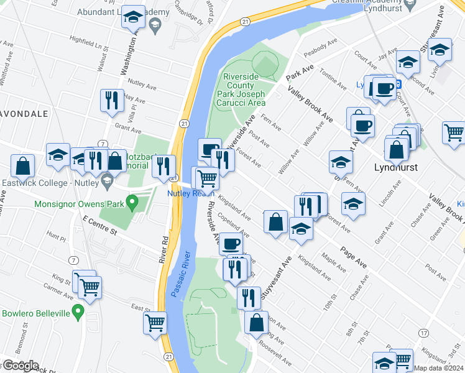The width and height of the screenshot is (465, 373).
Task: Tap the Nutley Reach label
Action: click(x=190, y=193)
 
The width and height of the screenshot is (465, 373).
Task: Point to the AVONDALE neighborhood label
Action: click(x=24, y=114)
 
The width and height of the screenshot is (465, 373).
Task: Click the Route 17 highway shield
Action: click(x=423, y=334)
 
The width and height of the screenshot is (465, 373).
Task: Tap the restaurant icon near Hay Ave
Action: click(x=111, y=101)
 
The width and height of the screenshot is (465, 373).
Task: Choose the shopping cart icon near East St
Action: click(x=155, y=323)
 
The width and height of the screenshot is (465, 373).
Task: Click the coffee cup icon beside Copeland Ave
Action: click(x=230, y=243)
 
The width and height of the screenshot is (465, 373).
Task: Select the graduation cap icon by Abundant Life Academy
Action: click(x=132, y=17)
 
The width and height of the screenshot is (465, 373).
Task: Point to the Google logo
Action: click(x=20, y=366)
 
